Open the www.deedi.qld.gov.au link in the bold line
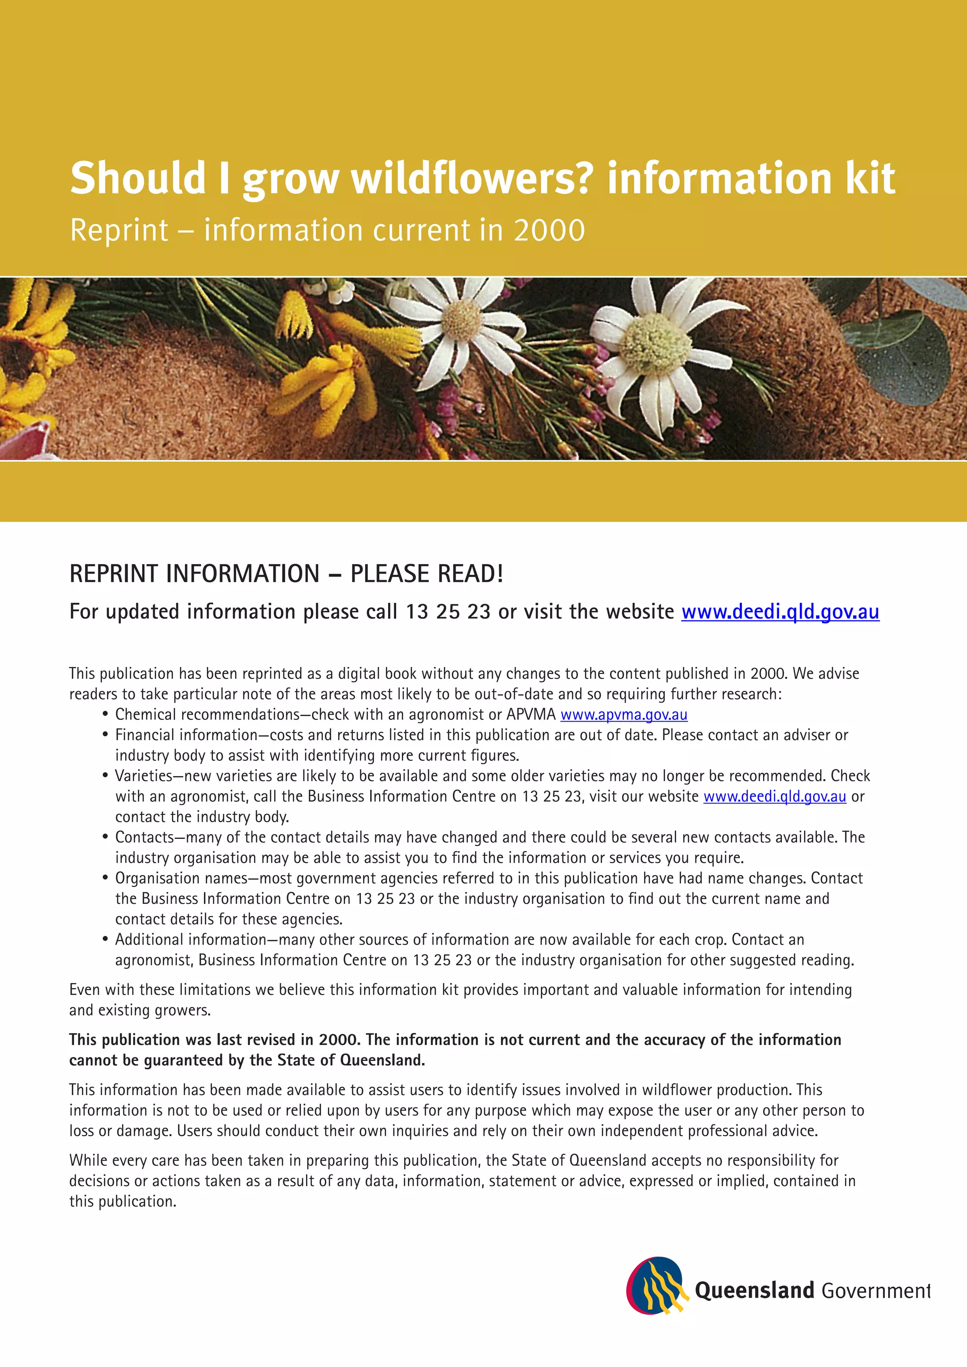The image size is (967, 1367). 780,611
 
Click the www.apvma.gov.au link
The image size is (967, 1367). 623,715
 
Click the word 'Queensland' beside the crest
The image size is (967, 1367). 754,1290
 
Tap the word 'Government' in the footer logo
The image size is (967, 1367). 875,1291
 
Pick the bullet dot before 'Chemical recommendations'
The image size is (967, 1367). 105,715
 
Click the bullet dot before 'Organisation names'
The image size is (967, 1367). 105,878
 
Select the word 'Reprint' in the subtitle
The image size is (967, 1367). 119,230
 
